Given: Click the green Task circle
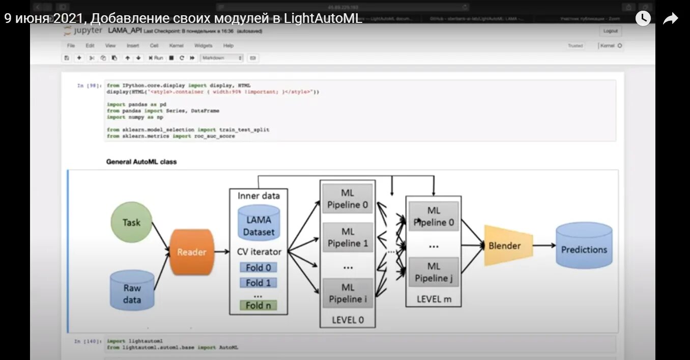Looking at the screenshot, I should tap(131, 223).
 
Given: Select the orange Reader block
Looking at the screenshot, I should tap(192, 252).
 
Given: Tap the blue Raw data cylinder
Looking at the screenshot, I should tap(132, 291).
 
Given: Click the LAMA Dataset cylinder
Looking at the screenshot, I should tap(258, 225).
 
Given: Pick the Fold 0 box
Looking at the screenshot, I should tap(258, 268).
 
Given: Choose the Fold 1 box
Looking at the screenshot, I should tap(258, 283).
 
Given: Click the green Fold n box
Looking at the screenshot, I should tap(258, 306).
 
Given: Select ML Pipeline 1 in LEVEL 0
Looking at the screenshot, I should tap(348, 238).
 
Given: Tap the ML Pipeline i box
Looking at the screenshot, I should tap(348, 293).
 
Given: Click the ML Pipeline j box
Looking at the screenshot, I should tap(434, 272).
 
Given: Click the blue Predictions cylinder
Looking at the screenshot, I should tap(584, 246).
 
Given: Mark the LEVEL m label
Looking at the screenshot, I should tap(434, 299).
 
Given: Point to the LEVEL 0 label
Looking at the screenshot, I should tap(348, 320).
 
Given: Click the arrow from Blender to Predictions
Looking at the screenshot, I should tap(544, 245).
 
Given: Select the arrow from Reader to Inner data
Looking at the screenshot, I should tap(222, 252).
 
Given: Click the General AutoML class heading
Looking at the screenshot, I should tap(141, 162).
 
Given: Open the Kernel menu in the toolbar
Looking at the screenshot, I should tap(176, 46).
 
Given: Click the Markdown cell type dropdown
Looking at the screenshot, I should tap(222, 58).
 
